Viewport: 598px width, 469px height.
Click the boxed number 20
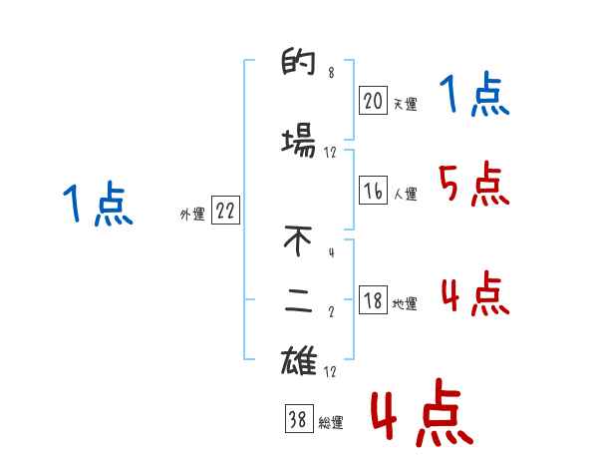click(373, 100)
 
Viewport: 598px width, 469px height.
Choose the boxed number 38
click(298, 420)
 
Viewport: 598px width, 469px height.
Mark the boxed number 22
click(225, 212)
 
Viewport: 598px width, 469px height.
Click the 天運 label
click(405, 104)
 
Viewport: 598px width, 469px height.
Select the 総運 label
click(331, 423)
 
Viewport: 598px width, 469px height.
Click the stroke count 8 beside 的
click(331, 73)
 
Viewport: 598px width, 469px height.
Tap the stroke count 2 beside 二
click(331, 311)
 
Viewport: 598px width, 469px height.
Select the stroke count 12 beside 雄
click(331, 372)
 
